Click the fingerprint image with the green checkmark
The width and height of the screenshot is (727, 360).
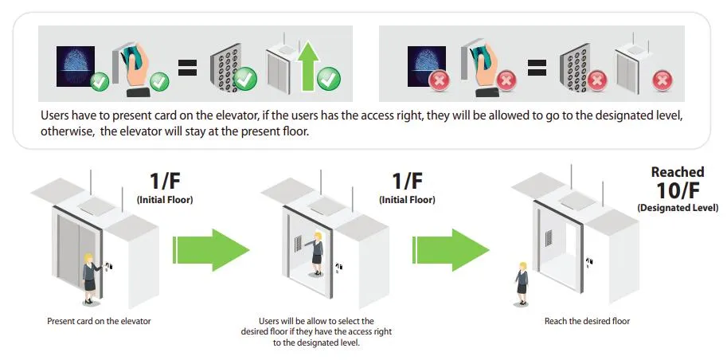[x=76, y=66]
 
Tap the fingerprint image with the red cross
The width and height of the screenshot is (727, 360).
[x=427, y=66]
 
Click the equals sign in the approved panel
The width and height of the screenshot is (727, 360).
[x=188, y=67]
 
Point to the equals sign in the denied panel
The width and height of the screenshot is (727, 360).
[x=537, y=67]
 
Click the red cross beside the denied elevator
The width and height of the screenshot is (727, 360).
[x=662, y=81]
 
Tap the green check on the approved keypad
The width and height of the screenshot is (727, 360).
[x=245, y=78]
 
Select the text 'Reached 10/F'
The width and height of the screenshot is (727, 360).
[x=678, y=182]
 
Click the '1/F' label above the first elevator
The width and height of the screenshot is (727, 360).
[x=165, y=182]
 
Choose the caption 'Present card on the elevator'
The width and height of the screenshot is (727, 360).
[x=100, y=320]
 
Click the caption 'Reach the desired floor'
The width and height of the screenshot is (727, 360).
[x=587, y=320]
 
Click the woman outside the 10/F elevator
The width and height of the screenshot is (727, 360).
[x=522, y=284]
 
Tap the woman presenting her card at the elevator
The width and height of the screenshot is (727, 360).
[x=90, y=278]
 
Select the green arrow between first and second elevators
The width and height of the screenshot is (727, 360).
[x=211, y=249]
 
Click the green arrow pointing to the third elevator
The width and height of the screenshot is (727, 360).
[x=451, y=249]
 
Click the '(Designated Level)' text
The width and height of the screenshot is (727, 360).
[x=678, y=208]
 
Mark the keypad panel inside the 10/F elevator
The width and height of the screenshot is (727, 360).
[x=549, y=238]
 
